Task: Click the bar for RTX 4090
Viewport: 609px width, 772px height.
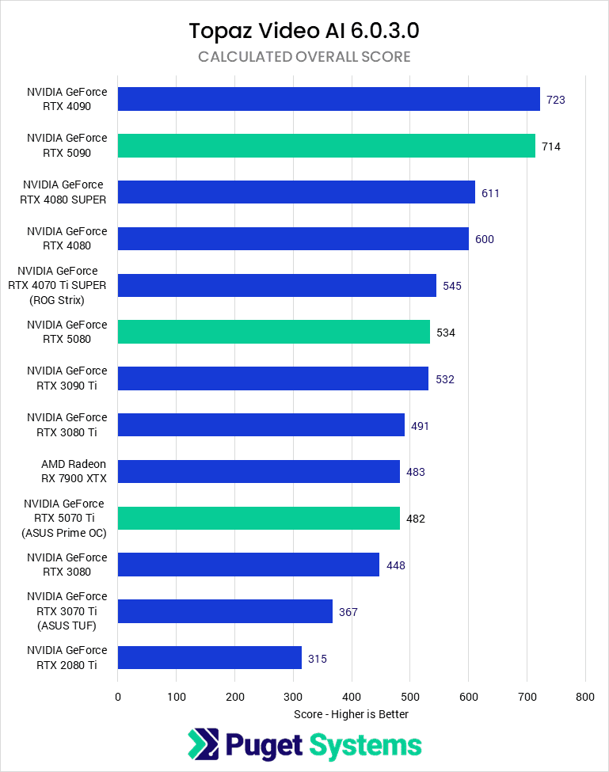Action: [329, 99]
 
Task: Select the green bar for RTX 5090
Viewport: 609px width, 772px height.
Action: [326, 146]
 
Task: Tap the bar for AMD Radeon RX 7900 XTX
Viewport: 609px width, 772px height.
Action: [258, 472]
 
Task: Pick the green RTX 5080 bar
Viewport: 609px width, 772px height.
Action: [274, 332]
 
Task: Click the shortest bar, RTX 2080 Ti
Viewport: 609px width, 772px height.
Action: [210, 658]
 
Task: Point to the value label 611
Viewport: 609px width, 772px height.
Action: [490, 192]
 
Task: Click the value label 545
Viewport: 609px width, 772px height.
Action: [452, 286]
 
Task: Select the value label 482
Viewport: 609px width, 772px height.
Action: [416, 519]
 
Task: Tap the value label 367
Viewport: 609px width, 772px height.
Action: [348, 611]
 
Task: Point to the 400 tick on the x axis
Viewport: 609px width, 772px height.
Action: [352, 697]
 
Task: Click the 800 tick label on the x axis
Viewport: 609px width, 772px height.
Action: [585, 697]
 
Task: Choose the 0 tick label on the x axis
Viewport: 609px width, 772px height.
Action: [118, 697]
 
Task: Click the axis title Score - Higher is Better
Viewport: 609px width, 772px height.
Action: [351, 713]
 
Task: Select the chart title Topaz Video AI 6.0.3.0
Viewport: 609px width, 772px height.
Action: [304, 31]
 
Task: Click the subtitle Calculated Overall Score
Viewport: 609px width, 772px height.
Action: [304, 57]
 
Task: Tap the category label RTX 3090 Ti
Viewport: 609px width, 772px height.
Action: [67, 378]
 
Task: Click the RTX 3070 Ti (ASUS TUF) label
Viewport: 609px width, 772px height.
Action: [67, 611]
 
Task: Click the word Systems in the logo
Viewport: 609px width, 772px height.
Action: [366, 745]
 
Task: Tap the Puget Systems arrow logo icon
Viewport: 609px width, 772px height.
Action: [204, 745]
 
